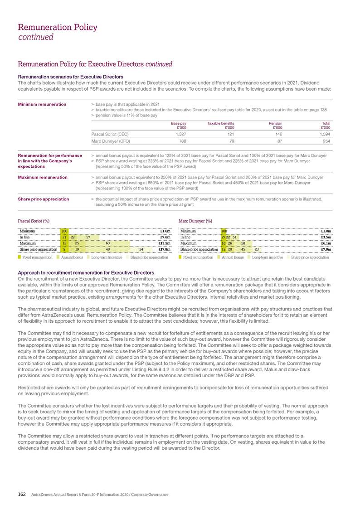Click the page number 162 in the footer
(21, 494)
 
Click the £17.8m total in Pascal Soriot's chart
(164, 249)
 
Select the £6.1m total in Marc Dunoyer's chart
(325, 243)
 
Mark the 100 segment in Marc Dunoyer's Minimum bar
(224, 231)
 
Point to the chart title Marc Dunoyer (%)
(195, 221)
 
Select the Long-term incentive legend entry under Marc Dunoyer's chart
(267, 257)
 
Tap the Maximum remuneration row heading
(42, 177)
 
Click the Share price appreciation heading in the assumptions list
(43, 199)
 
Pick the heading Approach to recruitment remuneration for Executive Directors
(86, 272)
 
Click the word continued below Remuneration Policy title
(36, 37)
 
